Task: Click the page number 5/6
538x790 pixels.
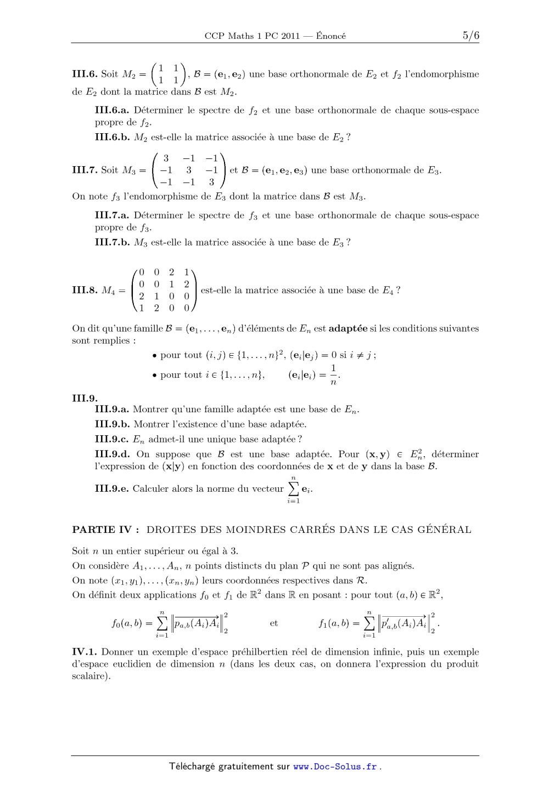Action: pos(470,36)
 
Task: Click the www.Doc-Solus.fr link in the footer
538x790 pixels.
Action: pos(335,766)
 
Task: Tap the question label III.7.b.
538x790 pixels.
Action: pos(112,242)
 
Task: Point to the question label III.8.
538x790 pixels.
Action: pos(85,291)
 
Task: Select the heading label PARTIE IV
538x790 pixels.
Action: pos(105,530)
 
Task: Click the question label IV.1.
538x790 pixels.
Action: pos(85,652)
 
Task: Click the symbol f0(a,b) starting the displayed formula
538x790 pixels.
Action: pos(127,623)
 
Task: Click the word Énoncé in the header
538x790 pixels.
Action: pos(331,36)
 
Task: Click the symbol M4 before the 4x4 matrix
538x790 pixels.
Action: pos(109,291)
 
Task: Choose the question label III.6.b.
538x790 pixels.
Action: pos(112,137)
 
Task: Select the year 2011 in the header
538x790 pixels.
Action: pos(289,36)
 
